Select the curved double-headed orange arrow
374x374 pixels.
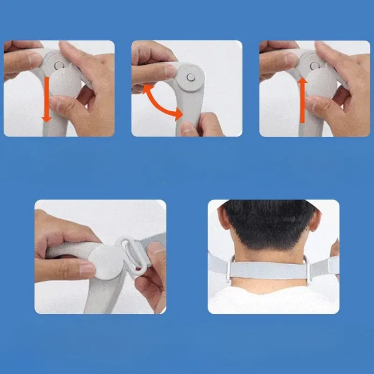[161, 102]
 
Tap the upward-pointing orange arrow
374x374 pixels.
[302, 100]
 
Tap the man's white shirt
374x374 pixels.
[271, 299]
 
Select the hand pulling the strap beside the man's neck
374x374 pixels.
[334, 255]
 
